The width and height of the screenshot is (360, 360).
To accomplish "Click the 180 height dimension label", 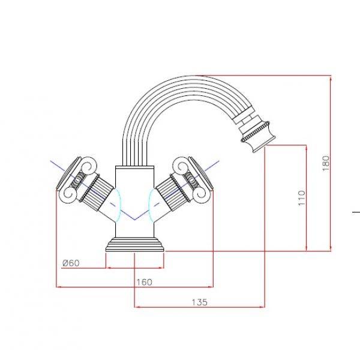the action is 326,163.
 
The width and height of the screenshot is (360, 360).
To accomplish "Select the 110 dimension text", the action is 302,197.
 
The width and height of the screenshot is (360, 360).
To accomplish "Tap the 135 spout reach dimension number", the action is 200,302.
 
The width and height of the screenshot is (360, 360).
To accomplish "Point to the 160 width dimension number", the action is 144,282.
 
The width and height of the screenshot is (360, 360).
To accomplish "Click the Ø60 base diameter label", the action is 71,263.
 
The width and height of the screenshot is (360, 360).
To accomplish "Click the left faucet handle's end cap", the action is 68,173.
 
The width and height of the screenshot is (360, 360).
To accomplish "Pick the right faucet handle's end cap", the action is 202,173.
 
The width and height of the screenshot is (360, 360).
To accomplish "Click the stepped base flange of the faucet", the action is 135,245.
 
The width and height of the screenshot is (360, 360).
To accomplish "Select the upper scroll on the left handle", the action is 88,166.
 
